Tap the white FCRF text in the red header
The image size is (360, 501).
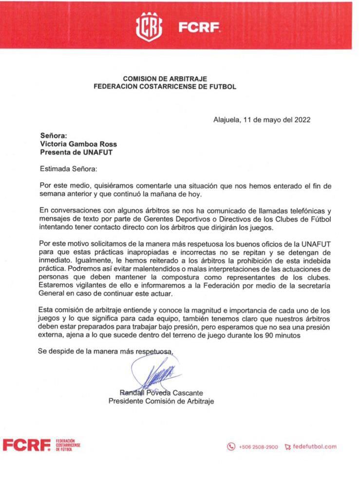(199, 27)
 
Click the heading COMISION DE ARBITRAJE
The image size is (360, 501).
(165, 78)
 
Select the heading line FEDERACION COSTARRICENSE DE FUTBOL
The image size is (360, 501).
(165, 87)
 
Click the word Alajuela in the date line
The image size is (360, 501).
(227, 119)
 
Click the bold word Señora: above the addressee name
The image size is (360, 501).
(53, 136)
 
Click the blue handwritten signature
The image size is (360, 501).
(155, 375)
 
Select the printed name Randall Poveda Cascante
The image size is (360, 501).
(161, 393)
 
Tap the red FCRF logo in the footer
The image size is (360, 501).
(26, 445)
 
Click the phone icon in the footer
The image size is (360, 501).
(231, 446)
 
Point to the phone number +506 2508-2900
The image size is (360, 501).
(258, 446)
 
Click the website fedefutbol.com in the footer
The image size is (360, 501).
(315, 446)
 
